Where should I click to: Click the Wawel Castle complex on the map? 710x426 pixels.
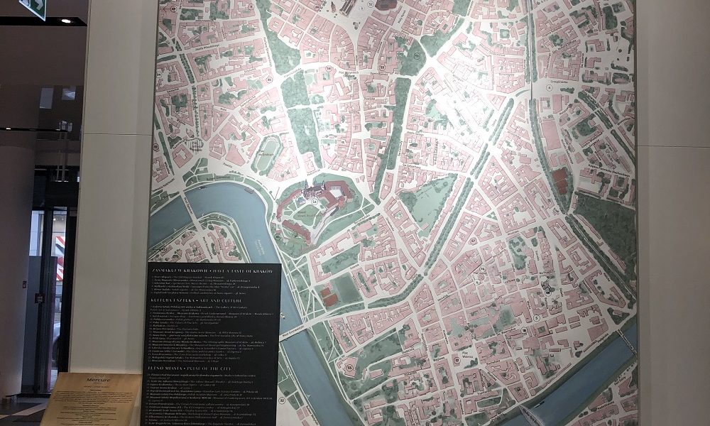tap(316, 206)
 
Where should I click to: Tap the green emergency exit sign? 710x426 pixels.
tap(34, 7)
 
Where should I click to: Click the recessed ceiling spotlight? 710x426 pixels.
tap(66, 21)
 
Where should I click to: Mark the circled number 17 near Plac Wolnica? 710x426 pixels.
tap(523, 330)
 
